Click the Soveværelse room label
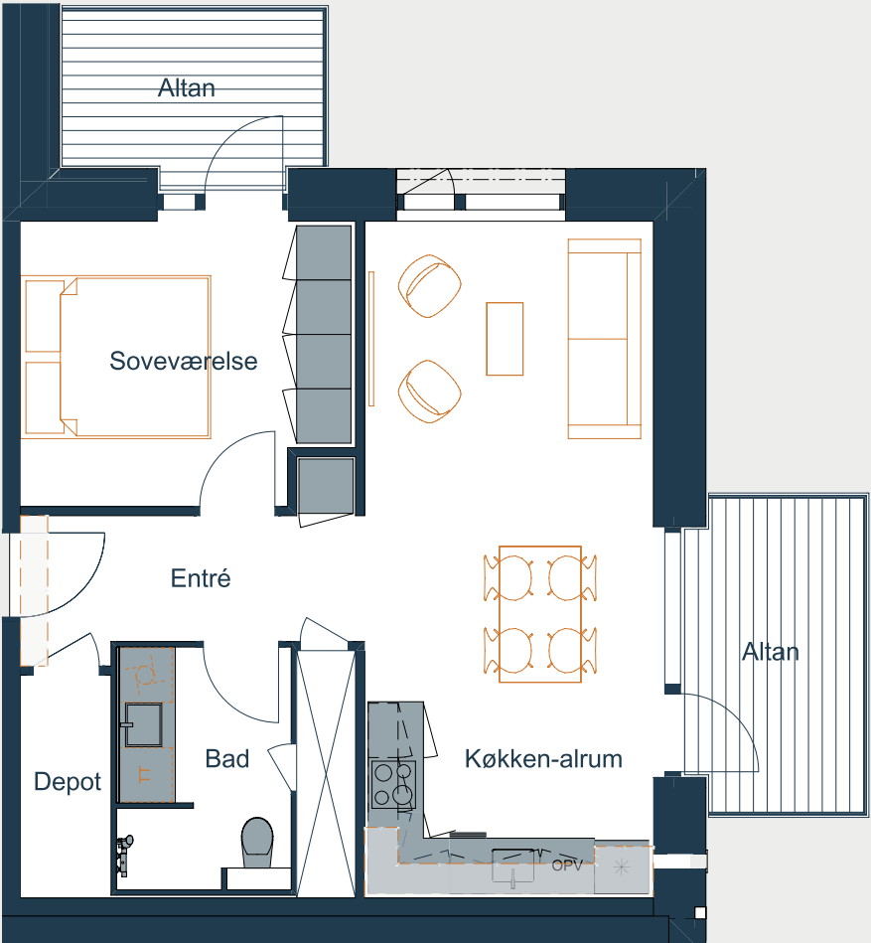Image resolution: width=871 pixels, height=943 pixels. [x=184, y=361]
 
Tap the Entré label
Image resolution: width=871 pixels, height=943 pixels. [x=201, y=578]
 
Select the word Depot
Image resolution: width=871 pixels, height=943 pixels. [x=68, y=782]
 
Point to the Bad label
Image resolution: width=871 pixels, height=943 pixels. [x=226, y=758]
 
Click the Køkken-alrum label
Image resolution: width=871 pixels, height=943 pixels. [x=543, y=758]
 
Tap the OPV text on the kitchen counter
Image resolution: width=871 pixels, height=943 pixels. [x=567, y=865]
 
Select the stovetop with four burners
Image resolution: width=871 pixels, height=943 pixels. [x=393, y=784]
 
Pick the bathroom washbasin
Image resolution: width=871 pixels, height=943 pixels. [x=143, y=724]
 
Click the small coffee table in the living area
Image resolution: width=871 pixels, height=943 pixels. [x=505, y=339]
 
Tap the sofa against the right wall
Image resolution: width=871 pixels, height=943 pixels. [x=605, y=339]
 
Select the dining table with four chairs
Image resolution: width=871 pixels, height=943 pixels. [x=540, y=614]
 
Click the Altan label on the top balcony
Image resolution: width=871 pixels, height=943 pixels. [x=187, y=87]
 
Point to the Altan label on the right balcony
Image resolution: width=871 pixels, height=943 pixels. [x=771, y=652]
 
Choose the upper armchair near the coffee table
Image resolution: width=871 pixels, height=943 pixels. [x=429, y=285]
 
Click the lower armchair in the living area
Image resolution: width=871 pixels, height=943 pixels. [x=429, y=392]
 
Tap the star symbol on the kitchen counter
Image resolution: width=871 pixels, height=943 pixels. [x=622, y=867]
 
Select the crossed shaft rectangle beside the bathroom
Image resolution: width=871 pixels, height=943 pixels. [x=327, y=773]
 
